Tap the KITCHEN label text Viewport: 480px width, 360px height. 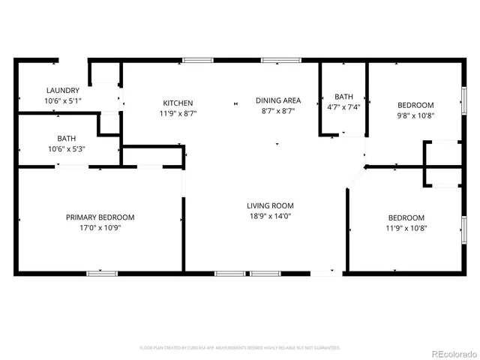click(178, 103)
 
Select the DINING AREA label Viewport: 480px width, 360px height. click(278, 100)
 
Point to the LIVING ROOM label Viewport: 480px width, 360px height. click(271, 205)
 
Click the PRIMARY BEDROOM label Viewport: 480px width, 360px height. click(100, 217)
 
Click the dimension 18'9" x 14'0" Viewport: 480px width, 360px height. click(271, 216)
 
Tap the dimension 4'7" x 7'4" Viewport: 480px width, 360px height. click(343, 106)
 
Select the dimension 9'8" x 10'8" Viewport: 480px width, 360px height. click(415, 116)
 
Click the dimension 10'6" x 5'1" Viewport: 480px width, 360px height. click(41, 100)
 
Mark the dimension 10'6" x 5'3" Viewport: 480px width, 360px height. click(66, 148)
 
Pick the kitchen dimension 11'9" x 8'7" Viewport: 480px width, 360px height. click(178, 113)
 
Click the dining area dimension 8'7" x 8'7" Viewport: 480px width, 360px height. click(278, 110)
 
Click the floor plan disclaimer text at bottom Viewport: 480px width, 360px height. click(240, 348)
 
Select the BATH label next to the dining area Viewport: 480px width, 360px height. click(343, 97)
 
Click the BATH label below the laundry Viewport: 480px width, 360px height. click(66, 138)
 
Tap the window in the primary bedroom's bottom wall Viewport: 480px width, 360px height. click(102, 273)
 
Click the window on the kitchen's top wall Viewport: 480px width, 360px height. click(197, 60)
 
